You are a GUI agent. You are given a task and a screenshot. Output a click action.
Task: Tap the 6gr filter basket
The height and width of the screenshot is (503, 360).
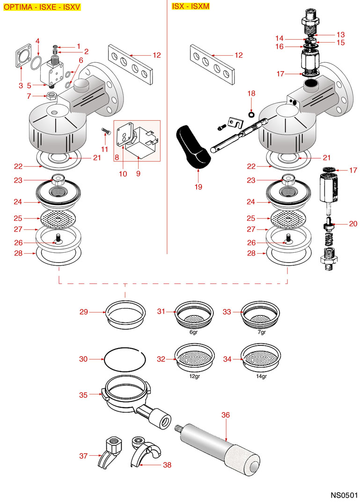tap(193, 314)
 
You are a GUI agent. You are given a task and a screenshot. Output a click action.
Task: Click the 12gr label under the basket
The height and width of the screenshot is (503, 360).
tap(194, 376)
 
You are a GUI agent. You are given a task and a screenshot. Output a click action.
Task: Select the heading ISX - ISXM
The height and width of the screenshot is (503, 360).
tap(191, 6)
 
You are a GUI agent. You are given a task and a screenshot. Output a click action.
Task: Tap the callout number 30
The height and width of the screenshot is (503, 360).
tap(83, 359)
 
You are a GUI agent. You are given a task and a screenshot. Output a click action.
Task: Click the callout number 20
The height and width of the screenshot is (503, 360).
tap(353, 224)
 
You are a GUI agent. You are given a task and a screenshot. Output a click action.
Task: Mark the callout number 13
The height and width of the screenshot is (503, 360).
tap(340, 35)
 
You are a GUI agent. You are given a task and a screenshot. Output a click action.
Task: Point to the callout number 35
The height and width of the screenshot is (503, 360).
tap(83, 395)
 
